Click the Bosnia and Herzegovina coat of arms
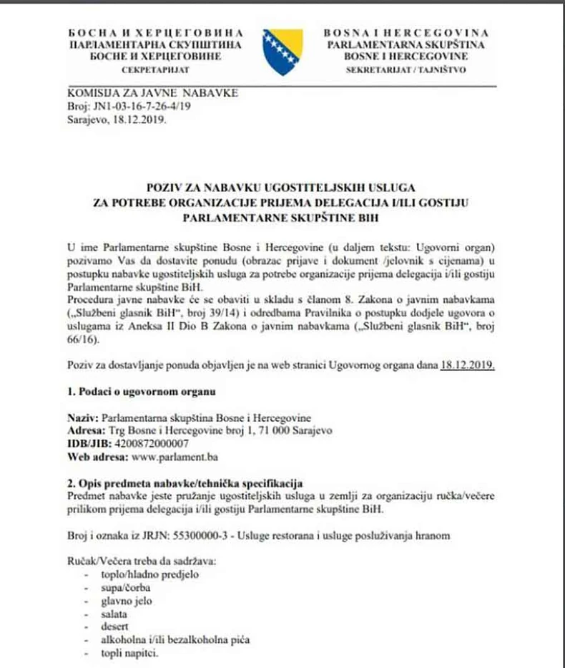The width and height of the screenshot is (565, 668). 282,52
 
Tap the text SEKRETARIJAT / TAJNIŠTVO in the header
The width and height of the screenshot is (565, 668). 406,71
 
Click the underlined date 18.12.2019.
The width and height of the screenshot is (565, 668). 467,365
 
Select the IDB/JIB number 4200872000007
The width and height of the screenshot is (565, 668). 147,444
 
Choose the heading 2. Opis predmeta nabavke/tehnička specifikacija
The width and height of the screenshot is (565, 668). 185,483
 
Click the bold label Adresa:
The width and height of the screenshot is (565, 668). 85,431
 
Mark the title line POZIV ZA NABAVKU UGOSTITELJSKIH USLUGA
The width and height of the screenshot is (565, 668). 283,188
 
